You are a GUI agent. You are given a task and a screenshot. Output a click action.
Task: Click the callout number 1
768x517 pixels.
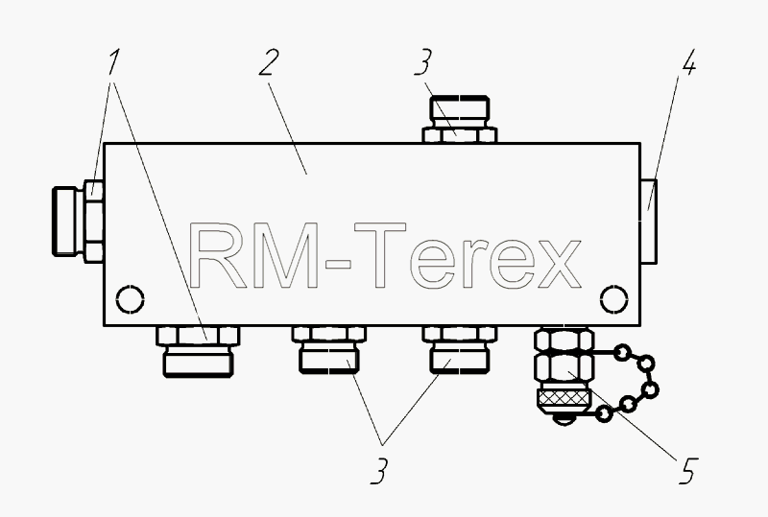[113, 61]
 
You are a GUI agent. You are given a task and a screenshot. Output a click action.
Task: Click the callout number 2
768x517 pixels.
[269, 62]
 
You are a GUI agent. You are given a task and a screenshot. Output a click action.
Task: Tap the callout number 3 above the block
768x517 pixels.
[423, 62]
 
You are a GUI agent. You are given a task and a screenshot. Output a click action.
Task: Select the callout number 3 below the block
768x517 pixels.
[379, 471]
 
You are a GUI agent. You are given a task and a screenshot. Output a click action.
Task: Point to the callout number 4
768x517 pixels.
[688, 62]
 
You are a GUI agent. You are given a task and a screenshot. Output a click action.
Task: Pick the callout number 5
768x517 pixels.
[688, 471]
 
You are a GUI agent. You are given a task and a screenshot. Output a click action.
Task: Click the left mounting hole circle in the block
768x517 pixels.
[131, 298]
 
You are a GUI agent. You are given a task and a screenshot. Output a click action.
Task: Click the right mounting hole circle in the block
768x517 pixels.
[613, 298]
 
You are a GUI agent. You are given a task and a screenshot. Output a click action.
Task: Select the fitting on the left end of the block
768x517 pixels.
[78, 222]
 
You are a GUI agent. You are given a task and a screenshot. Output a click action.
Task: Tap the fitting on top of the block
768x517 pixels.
[460, 120]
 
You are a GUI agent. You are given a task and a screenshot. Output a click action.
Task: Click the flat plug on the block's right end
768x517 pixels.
[649, 222]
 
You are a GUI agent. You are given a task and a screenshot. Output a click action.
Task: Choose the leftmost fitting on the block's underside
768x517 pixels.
[198, 351]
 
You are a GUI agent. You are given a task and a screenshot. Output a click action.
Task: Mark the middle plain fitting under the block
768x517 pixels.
[329, 349]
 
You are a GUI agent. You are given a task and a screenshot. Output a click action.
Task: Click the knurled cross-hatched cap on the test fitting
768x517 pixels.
[564, 401]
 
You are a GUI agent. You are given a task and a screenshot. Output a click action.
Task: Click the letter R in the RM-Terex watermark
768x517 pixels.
[214, 254]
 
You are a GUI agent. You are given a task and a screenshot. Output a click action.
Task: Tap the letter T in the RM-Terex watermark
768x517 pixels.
[380, 254]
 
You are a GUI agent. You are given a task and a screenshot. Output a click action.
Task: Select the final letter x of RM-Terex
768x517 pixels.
[560, 264]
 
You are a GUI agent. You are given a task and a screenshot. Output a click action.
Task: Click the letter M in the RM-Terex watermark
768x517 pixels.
[284, 254]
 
